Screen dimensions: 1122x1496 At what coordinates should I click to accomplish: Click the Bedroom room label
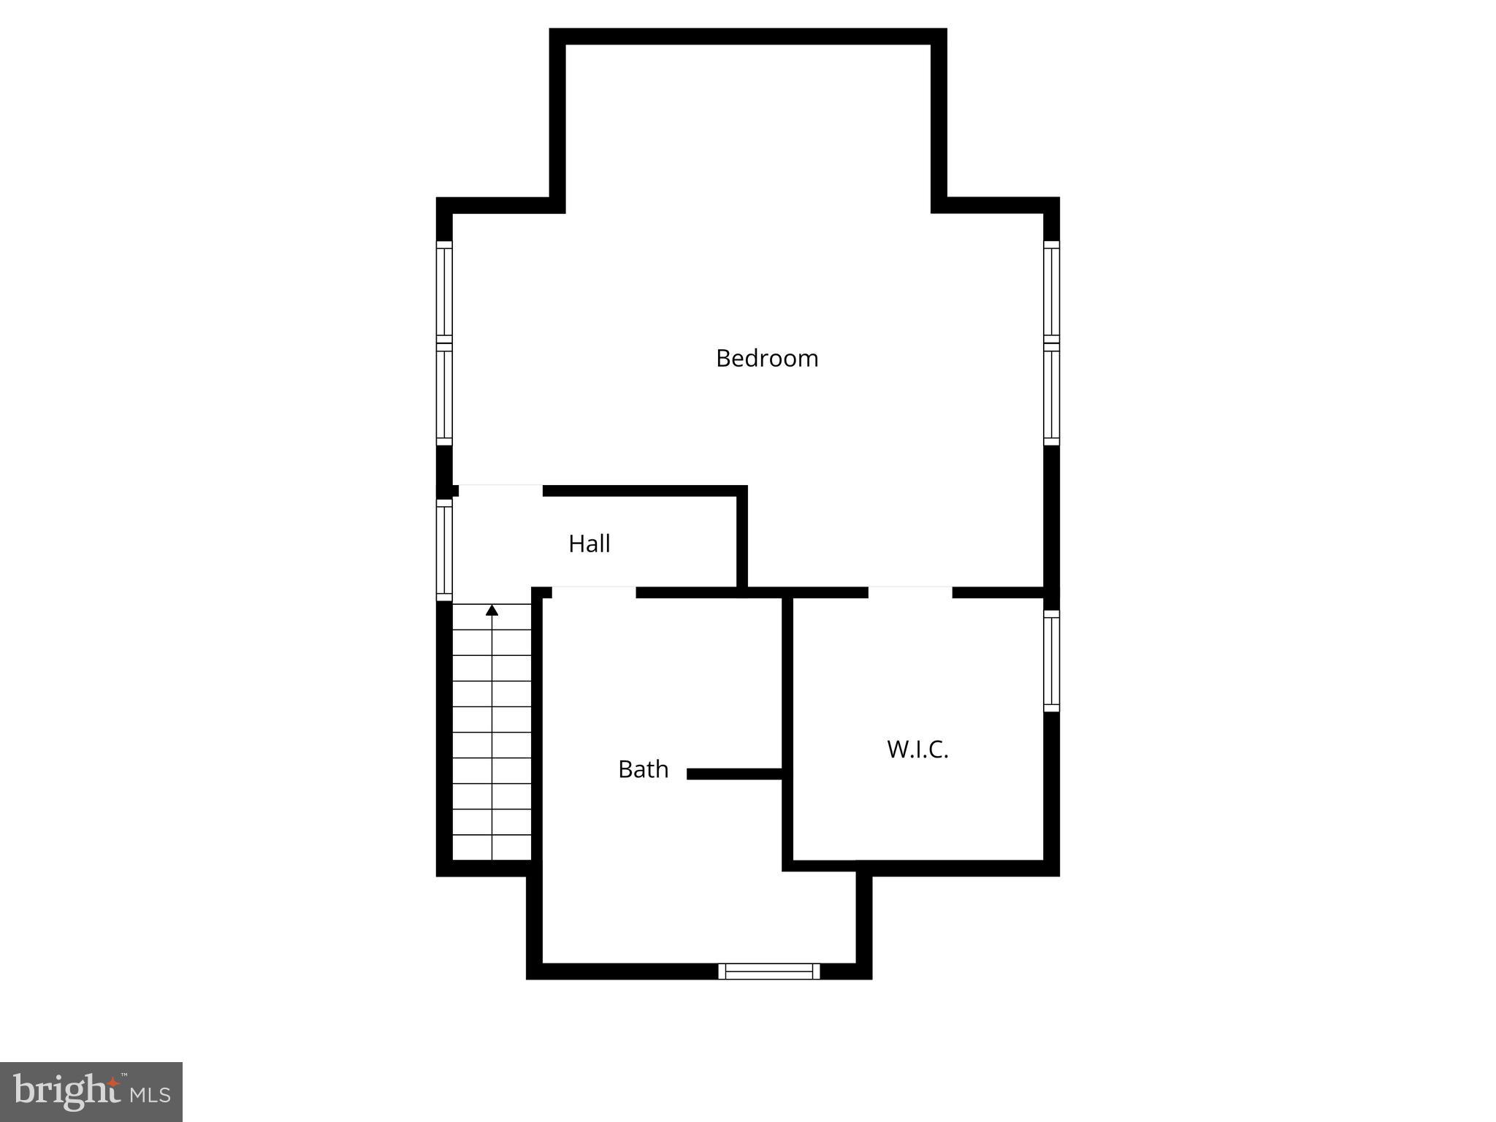(767, 359)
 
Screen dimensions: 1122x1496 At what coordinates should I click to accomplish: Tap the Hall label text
(589, 544)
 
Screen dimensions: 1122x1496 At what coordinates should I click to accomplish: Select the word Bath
(643, 769)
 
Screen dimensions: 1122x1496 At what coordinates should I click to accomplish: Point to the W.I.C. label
(917, 749)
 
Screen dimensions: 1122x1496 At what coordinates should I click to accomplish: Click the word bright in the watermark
(67, 1091)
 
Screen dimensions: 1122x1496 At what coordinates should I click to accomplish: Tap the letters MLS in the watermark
(150, 1094)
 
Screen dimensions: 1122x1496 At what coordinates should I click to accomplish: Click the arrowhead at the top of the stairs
(492, 610)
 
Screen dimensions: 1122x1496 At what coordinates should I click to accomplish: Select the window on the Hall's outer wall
(444, 549)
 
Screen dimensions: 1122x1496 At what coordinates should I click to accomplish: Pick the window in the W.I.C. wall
(1051, 661)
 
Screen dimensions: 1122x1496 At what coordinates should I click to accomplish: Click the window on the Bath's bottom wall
(769, 971)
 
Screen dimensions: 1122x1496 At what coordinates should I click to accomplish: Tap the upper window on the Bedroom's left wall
(444, 291)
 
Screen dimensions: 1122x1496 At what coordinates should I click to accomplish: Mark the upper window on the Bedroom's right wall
(1051, 291)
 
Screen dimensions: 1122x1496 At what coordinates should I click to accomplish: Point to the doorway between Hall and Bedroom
(500, 490)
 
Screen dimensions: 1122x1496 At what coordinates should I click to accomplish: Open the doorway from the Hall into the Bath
(593, 592)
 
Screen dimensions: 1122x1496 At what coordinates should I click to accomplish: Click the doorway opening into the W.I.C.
(910, 592)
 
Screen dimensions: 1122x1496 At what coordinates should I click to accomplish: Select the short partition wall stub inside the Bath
(734, 774)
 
